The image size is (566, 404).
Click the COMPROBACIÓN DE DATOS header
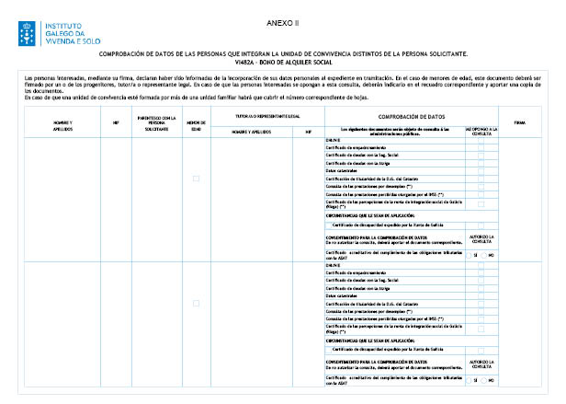coord(411,116)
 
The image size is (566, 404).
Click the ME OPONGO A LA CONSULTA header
coord(481,131)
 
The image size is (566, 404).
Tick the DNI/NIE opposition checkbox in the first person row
coord(481,139)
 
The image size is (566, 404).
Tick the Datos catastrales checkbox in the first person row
coord(481,170)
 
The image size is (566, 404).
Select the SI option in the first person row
coord(472,254)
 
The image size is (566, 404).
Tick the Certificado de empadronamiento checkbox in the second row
coord(481,272)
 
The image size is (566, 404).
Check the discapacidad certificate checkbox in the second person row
coord(481,350)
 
